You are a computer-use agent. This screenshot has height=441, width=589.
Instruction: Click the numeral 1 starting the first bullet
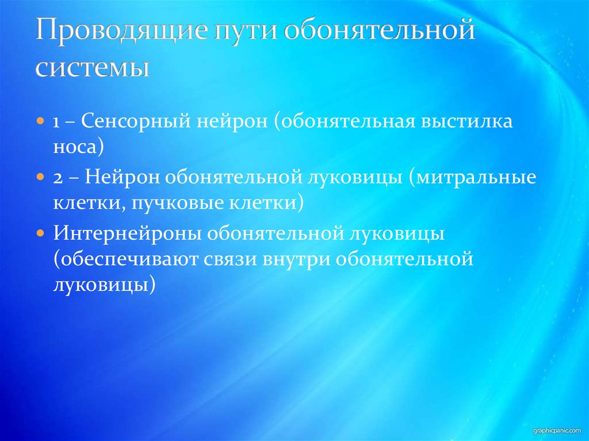(x=58, y=123)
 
